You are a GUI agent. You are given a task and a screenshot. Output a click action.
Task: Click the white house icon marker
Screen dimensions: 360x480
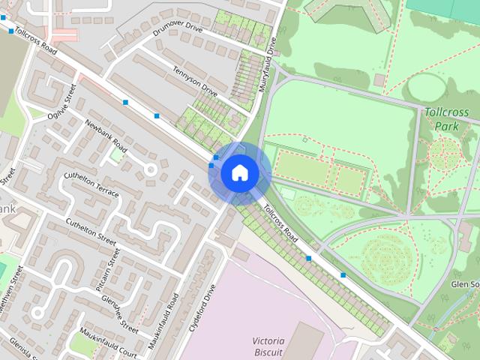(239, 172)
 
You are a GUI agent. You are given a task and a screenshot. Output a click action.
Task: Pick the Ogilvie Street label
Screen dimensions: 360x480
(62, 103)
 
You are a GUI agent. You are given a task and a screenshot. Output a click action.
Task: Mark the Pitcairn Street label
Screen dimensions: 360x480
(106, 269)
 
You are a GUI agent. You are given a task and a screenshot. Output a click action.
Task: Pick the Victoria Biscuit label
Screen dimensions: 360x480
(268, 346)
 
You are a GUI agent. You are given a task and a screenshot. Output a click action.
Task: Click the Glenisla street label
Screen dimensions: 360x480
(28, 348)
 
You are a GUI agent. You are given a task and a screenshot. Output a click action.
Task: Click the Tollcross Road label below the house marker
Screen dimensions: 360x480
(282, 223)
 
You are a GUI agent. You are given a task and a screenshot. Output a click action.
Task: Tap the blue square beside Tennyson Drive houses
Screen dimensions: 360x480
(157, 115)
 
